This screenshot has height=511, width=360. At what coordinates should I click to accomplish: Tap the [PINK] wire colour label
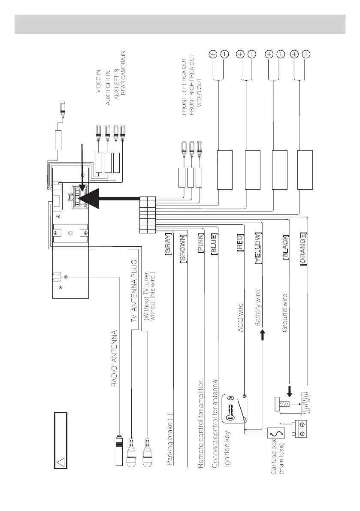pyautogui.click(x=200, y=244)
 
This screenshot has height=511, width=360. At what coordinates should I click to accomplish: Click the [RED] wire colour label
pyautogui.click(x=240, y=243)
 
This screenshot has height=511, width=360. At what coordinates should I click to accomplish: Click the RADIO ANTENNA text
pyautogui.click(x=115, y=359)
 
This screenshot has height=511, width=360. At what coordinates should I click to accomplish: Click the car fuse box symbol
pyautogui.click(x=273, y=434)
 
